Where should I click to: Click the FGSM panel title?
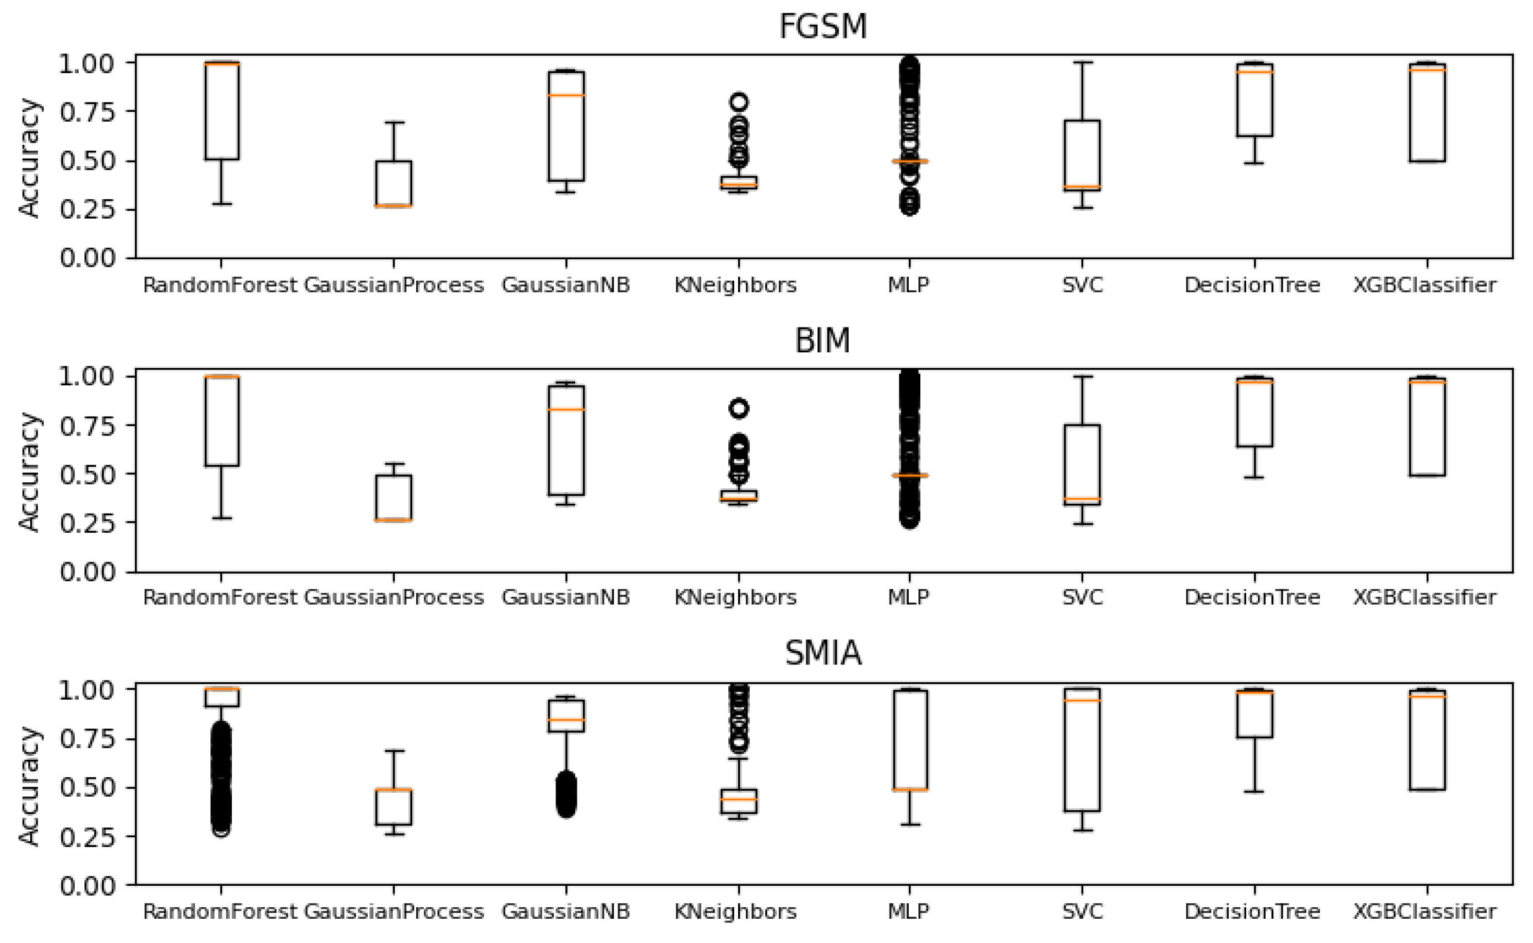pos(823,26)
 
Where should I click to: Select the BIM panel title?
pos(822,341)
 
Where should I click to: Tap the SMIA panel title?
pos(823,653)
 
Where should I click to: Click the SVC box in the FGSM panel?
pos(1082,155)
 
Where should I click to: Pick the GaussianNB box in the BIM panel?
pos(566,440)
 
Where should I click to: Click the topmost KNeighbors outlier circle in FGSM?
pos(739,102)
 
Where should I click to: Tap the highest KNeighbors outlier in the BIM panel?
pos(739,408)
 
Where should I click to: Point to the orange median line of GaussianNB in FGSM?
pos(566,95)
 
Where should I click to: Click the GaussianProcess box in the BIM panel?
pos(394,498)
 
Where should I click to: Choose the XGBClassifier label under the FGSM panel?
pos(1425,286)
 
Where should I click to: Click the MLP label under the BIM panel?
pos(908,597)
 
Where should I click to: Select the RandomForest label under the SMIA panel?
pos(220,912)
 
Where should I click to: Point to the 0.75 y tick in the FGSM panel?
pos(88,112)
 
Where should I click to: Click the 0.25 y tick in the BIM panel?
pos(88,522)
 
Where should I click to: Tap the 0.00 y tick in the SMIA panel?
pos(88,886)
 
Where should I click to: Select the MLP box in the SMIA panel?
pos(910,740)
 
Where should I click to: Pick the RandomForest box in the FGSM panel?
pos(221,111)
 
